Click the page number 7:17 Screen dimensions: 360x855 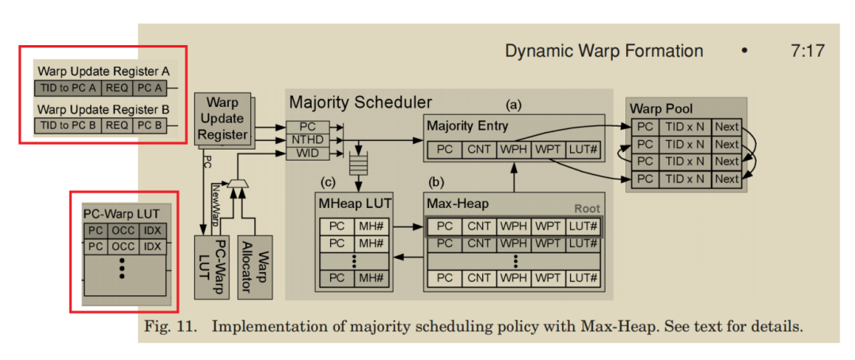pyautogui.click(x=807, y=51)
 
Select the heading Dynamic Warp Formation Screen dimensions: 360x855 pyautogui.click(x=604, y=51)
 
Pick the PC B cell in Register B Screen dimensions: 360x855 pyautogui.click(x=149, y=125)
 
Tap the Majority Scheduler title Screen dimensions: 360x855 pyautogui.click(x=360, y=103)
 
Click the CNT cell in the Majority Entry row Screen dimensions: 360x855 pyautogui.click(x=479, y=149)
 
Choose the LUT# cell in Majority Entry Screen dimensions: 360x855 pyautogui.click(x=580, y=149)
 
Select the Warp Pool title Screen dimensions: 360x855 pyautogui.click(x=662, y=108)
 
